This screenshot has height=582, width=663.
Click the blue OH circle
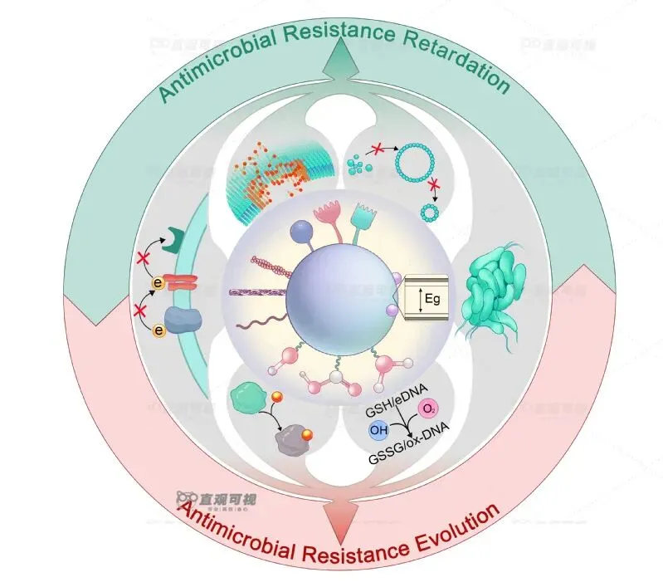pos(378,431)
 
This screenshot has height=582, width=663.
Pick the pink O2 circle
pos(428,409)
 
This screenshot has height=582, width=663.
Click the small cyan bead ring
pos(430,213)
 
